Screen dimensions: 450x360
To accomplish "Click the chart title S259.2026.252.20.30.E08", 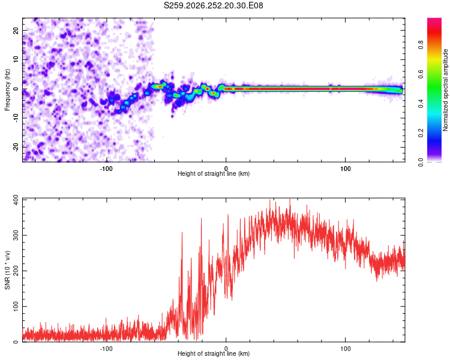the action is point(213,5).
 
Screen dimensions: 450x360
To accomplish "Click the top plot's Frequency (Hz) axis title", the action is point(7,90).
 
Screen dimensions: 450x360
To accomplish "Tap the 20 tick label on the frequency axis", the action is point(16,31).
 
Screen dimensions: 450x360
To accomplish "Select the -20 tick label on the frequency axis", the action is point(16,147).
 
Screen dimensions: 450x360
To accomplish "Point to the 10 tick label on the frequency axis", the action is point(16,59).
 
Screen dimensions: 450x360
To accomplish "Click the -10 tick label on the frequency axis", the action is point(16,118).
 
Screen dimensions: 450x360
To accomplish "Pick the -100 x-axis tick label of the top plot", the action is point(106,169).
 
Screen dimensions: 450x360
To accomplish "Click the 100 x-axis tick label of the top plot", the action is point(345,169).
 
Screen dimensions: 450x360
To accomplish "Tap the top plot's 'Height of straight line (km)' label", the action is point(214,173).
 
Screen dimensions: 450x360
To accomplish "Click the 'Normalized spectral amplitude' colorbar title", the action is point(445,90).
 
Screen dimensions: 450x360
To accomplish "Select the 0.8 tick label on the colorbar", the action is point(421,45).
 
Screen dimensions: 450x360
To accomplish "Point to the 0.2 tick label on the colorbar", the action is point(421,133).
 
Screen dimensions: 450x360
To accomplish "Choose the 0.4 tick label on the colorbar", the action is point(421,104).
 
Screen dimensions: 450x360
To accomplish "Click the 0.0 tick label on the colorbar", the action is point(421,162).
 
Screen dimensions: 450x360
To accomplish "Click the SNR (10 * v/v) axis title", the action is point(7,270).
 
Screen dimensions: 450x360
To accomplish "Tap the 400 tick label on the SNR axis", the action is point(16,200).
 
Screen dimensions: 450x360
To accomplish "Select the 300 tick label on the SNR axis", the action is point(16,235).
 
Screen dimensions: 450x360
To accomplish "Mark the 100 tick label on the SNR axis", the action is point(16,307).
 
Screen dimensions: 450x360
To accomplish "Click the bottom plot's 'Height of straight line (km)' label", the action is point(214,353).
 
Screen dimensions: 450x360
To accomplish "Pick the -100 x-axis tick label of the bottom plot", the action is point(106,349).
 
